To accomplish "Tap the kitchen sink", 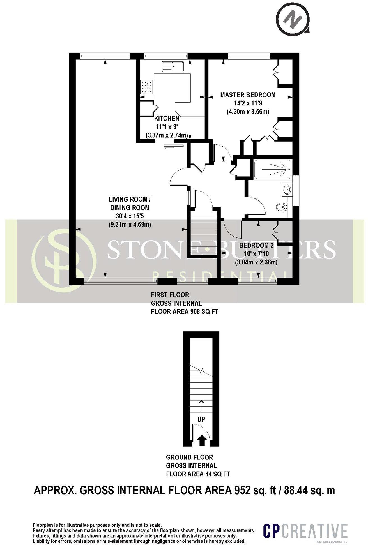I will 173,67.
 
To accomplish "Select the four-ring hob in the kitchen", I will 147,86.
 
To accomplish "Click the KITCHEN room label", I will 167,118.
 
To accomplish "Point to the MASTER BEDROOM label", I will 248,95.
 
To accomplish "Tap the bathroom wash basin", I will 287,190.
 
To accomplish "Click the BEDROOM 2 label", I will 256,246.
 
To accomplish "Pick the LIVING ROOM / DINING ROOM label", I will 130,204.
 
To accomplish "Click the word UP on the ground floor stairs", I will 201,420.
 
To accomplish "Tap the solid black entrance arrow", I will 201,440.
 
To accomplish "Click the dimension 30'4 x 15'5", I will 130,216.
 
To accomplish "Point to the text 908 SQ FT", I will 204,311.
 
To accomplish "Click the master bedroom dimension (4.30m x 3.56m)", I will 248,112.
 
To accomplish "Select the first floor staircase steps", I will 204,234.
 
